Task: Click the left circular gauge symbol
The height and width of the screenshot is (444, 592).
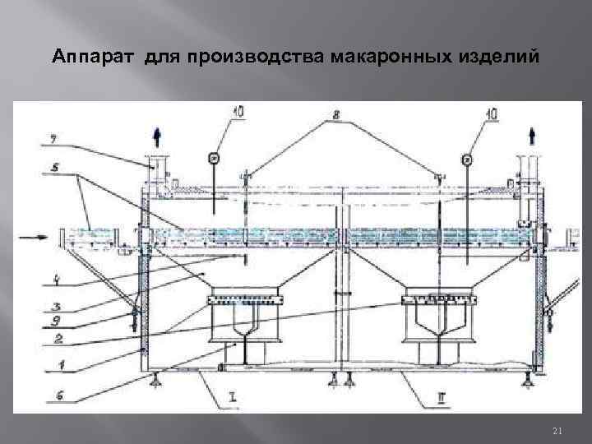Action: tap(214, 157)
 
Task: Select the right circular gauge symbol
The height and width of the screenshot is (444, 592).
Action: tap(467, 157)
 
